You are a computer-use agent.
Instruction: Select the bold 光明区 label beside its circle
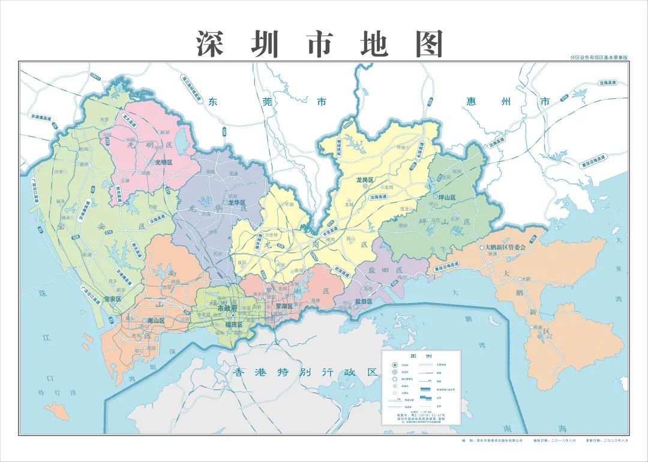[x=163, y=162]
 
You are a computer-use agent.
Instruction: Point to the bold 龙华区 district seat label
[x=236, y=203]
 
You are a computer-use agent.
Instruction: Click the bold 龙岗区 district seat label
[x=365, y=180]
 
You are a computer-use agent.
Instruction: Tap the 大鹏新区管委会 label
[x=506, y=247]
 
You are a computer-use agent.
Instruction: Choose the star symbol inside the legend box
[x=394, y=366]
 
